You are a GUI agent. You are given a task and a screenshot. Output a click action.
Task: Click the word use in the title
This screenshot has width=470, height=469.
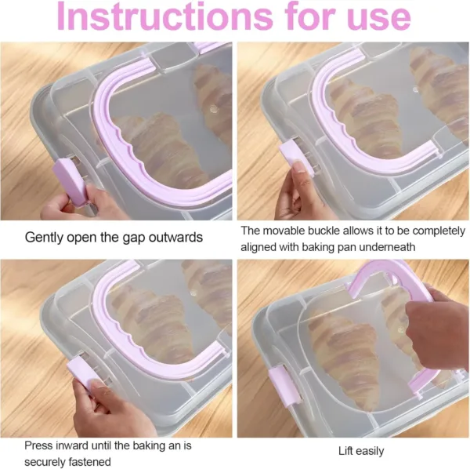(378, 19)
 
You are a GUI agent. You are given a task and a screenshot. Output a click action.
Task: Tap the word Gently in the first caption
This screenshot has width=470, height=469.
(46, 236)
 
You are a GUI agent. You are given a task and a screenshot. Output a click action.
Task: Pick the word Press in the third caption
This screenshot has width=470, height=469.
(39, 445)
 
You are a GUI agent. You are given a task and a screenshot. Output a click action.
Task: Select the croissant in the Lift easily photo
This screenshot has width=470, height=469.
(345, 353)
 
